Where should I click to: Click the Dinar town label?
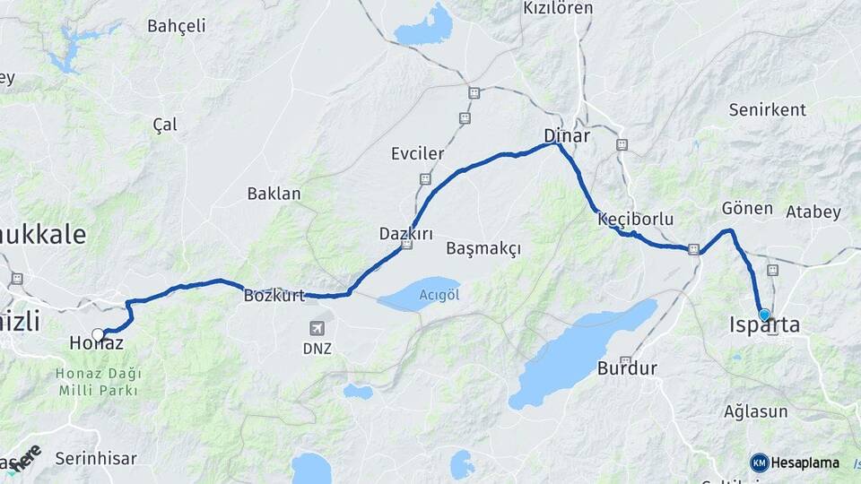click(x=567, y=136)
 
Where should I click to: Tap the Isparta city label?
click(x=764, y=325)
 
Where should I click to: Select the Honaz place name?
click(x=96, y=343)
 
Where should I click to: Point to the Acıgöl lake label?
click(x=439, y=295)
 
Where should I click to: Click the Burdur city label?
click(x=628, y=368)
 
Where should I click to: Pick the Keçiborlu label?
click(x=635, y=219)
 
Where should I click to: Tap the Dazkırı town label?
click(x=406, y=234)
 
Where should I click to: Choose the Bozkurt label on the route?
click(x=274, y=295)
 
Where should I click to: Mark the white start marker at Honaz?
click(x=98, y=335)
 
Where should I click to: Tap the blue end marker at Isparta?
click(x=764, y=315)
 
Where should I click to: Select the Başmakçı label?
click(x=483, y=248)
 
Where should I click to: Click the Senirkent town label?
click(x=768, y=110)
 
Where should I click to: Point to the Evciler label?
click(x=417, y=153)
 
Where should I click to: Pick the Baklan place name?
click(x=274, y=194)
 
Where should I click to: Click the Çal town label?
click(x=165, y=125)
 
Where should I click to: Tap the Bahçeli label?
click(x=176, y=26)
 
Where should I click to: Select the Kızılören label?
click(x=558, y=9)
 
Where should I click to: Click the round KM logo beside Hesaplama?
click(x=760, y=462)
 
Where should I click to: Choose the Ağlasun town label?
click(x=755, y=412)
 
